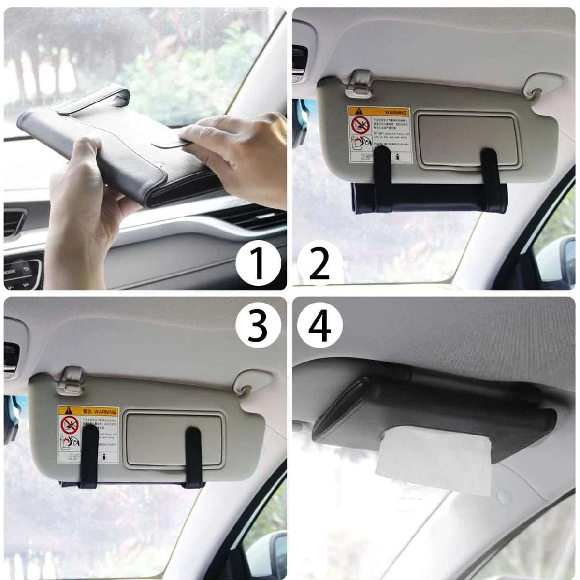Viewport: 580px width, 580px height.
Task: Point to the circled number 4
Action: coord(319,324)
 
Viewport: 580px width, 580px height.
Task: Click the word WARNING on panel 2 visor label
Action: coord(396,112)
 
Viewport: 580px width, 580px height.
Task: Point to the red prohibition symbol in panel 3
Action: coord(69,425)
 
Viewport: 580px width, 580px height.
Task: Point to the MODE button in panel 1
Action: coord(12,271)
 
